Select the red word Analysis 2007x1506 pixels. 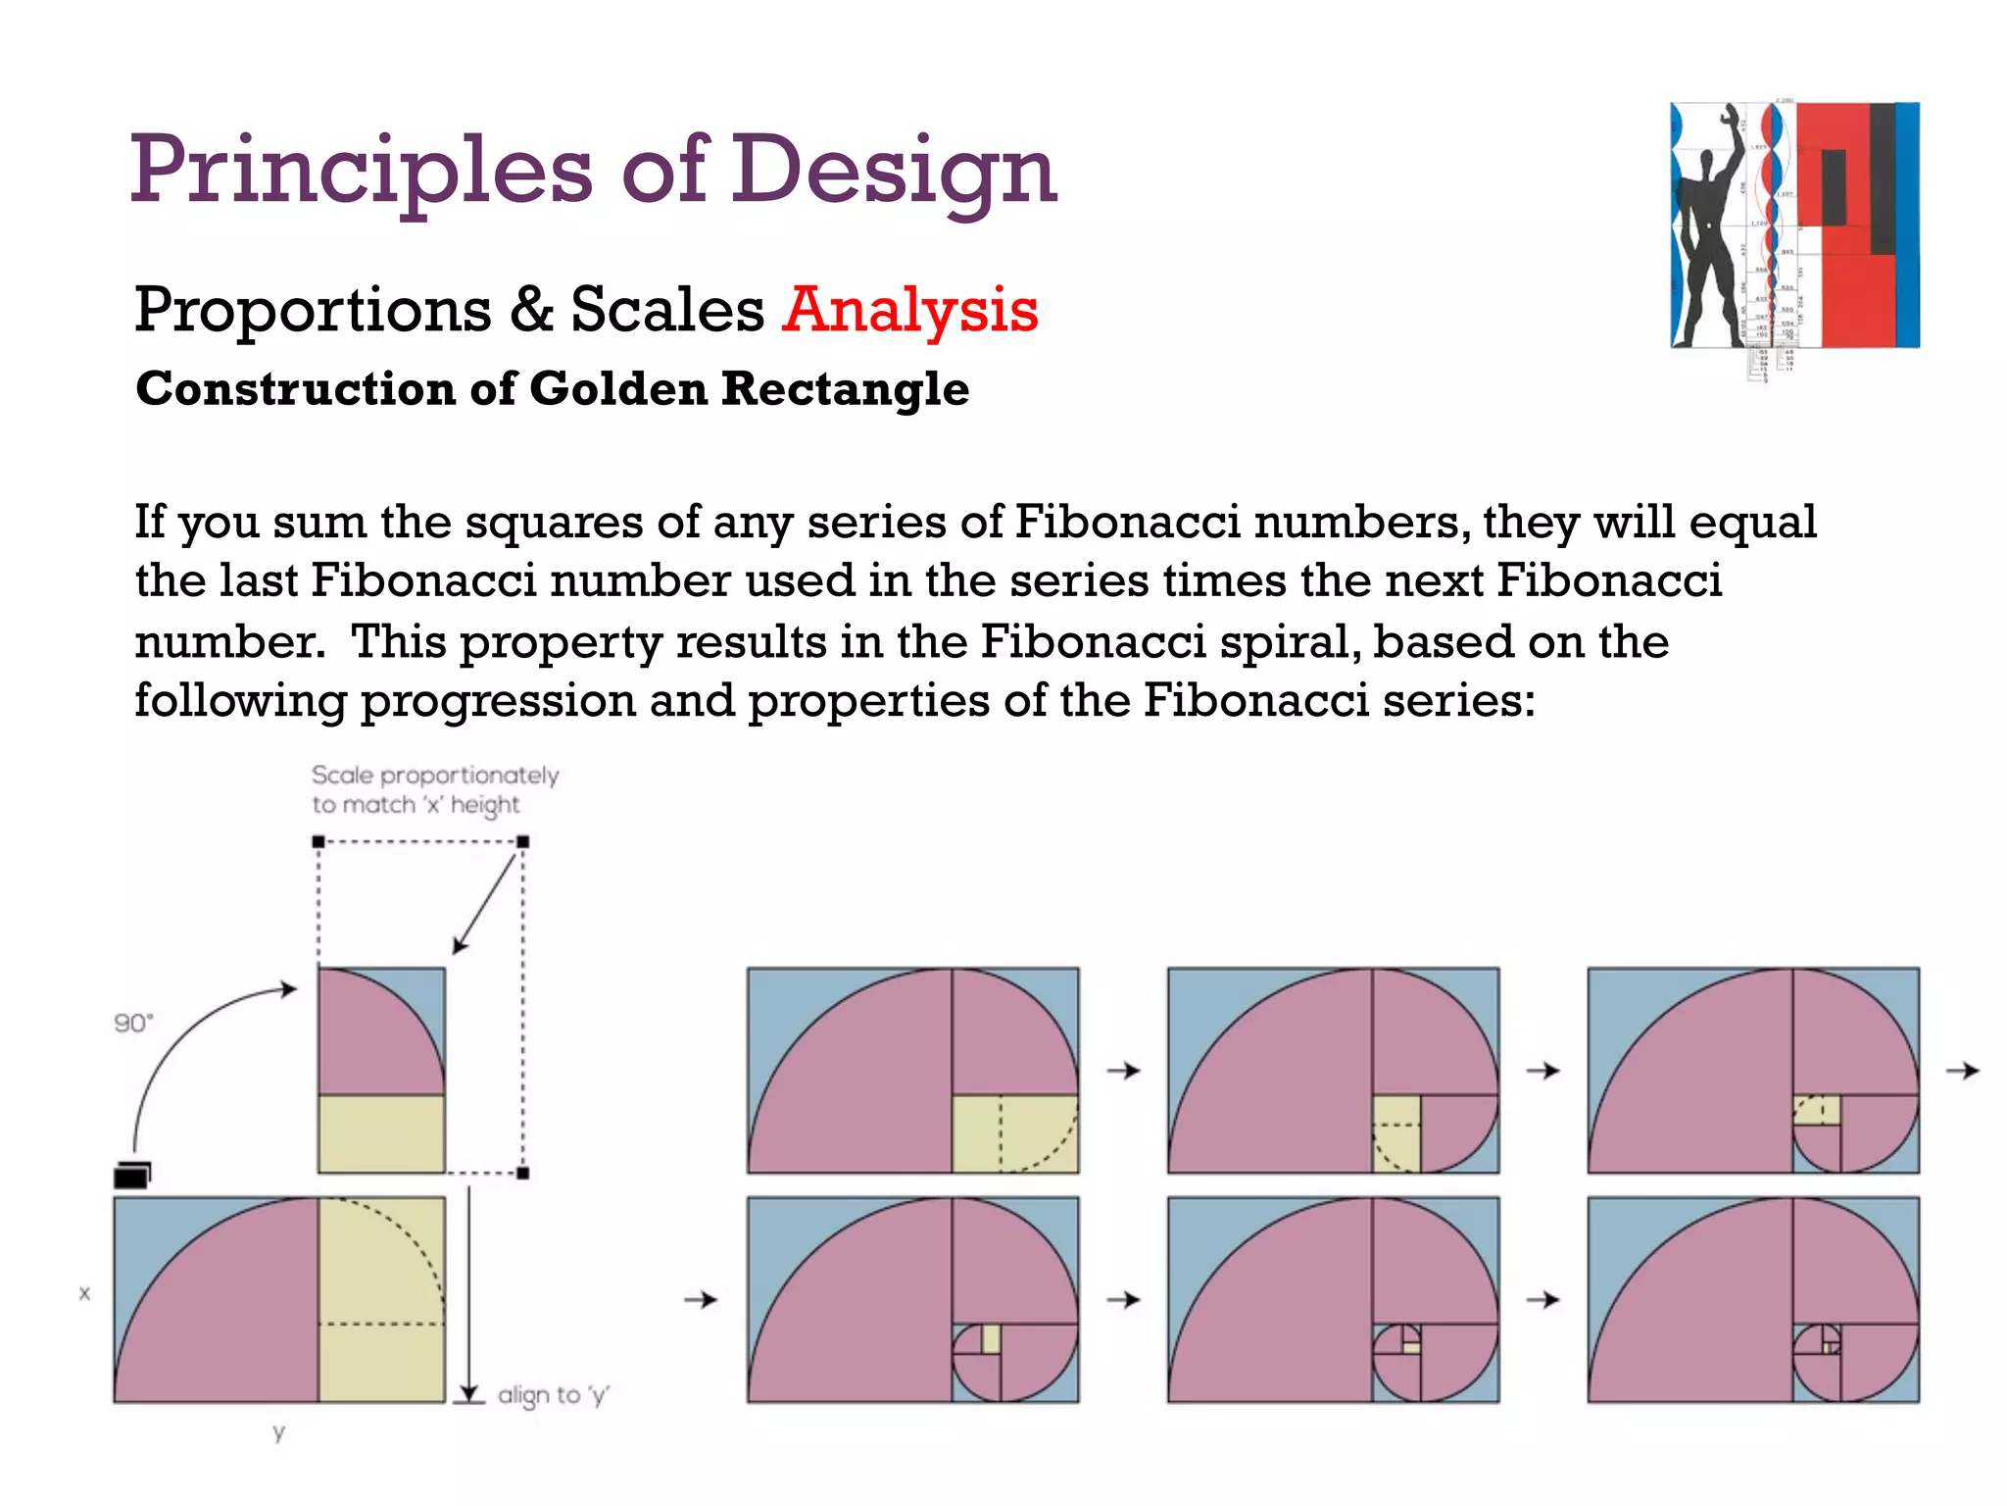[909, 310]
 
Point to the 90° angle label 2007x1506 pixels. [133, 1024]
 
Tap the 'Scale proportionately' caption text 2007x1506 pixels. [435, 776]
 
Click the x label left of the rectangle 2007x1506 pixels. [84, 1293]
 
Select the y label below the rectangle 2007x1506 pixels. [279, 1432]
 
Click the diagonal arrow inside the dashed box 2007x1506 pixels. [484, 903]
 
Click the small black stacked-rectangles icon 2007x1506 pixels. [132, 1174]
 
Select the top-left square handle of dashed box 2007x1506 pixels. [318, 841]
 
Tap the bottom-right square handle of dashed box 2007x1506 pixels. [523, 1173]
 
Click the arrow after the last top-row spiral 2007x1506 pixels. [1962, 1071]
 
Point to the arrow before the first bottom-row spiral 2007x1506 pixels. [701, 1300]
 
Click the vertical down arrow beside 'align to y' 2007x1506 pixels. [469, 1294]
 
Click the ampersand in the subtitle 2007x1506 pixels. [531, 310]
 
